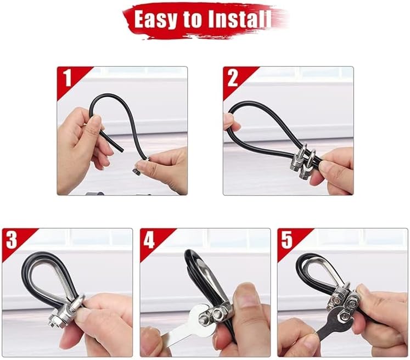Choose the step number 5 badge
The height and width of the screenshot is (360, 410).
(x=287, y=240)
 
